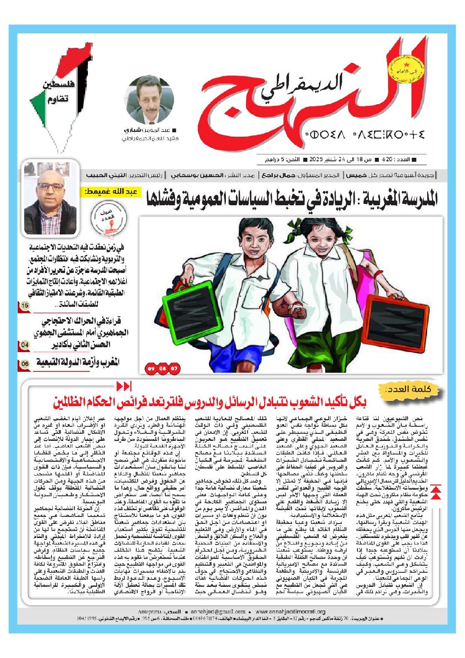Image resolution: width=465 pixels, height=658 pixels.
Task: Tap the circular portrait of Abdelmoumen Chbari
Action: click(149, 100)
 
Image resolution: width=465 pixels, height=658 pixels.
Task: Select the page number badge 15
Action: click(25, 305)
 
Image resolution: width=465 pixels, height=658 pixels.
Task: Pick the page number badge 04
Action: click(25, 345)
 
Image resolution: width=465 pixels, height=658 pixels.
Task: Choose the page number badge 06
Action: click(25, 364)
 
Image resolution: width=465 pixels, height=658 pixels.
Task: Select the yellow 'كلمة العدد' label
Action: click(409, 390)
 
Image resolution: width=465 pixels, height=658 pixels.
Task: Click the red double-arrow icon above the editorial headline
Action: click(124, 386)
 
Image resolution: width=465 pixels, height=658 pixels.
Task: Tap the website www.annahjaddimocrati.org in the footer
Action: click(290, 611)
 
